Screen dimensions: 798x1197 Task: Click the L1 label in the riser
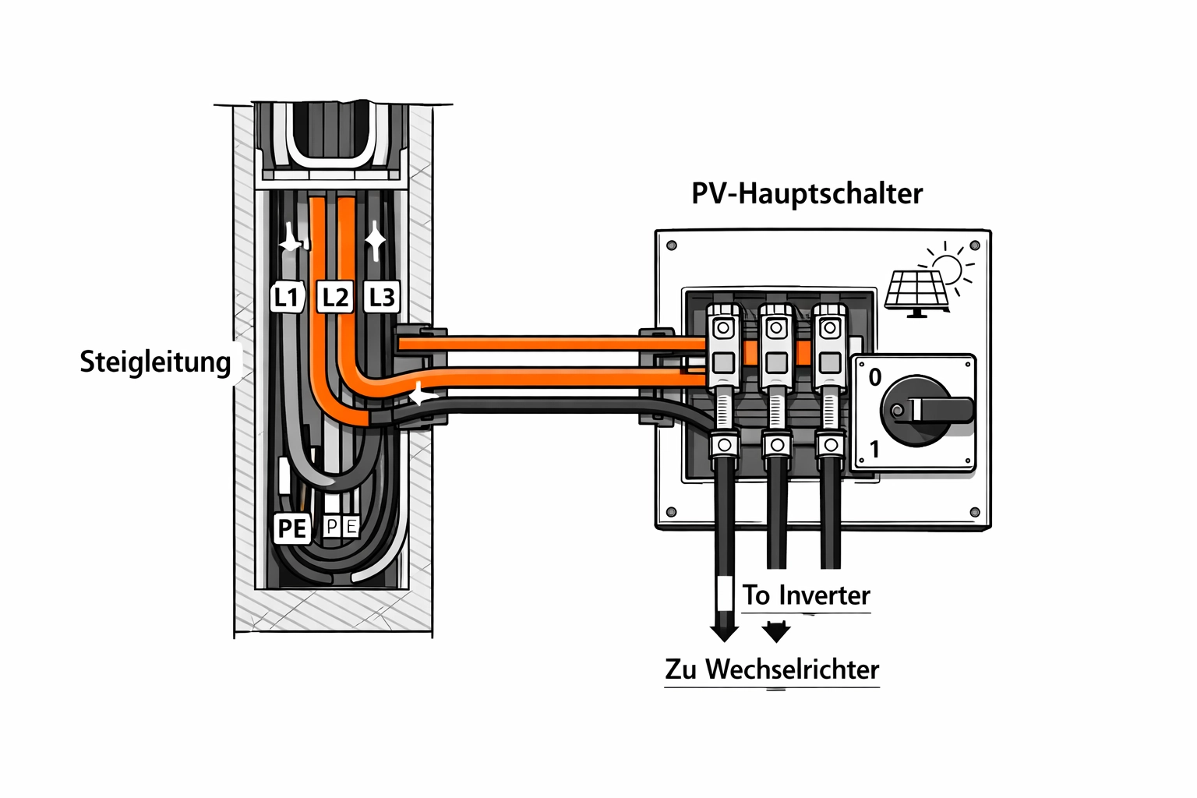click(x=287, y=297)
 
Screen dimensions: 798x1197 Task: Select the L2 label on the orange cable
click(x=335, y=297)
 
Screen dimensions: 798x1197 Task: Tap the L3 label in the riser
click(x=382, y=297)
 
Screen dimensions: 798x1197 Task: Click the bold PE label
click(x=292, y=528)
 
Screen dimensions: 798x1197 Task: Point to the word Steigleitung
click(x=156, y=362)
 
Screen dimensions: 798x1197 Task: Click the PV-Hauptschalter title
click(x=807, y=193)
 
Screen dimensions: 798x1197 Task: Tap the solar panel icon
click(x=916, y=292)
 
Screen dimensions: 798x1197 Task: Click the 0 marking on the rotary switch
click(x=875, y=378)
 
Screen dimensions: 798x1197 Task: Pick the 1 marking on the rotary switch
click(x=874, y=449)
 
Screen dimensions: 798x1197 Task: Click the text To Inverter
click(x=806, y=595)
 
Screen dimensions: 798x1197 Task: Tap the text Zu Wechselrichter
click(x=772, y=669)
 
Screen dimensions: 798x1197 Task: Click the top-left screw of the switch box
click(x=672, y=246)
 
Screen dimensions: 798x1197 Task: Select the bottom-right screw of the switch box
click(x=974, y=512)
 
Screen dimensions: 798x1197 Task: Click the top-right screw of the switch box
click(x=974, y=246)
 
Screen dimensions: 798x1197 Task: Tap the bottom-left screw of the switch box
click(x=672, y=512)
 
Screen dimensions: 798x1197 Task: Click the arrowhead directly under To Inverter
click(x=776, y=631)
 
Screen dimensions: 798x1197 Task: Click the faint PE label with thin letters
click(x=341, y=527)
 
